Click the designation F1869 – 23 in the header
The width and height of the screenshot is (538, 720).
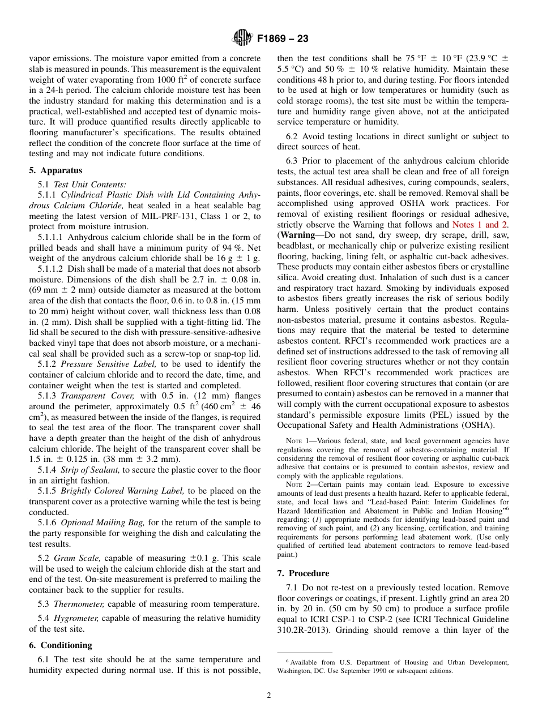click(x=283, y=39)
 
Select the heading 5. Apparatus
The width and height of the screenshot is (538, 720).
click(x=55, y=170)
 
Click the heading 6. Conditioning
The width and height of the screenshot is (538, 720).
click(x=60, y=645)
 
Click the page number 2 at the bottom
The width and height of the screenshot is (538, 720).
click(x=269, y=696)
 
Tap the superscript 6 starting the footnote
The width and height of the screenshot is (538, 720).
click(x=288, y=661)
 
